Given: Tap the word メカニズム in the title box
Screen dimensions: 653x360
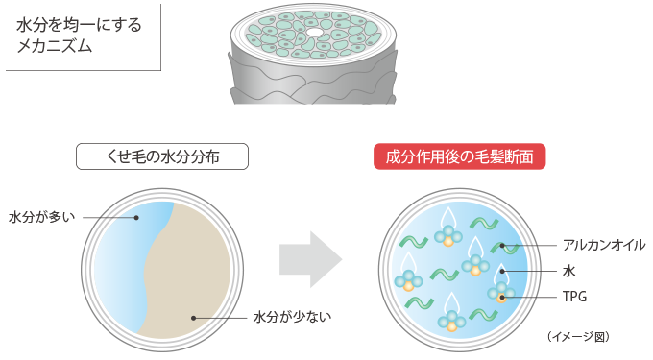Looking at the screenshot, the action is click(55, 46).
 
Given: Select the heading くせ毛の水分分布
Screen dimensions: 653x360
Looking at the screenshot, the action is click(162, 156).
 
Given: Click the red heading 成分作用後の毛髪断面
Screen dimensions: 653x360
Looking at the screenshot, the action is click(459, 156).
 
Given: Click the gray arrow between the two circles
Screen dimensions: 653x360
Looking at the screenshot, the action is click(310, 257).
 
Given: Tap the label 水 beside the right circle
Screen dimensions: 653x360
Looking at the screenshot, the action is click(568, 272).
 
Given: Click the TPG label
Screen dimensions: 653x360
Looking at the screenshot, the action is click(574, 297).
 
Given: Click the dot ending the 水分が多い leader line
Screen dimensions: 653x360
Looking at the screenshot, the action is click(137, 217).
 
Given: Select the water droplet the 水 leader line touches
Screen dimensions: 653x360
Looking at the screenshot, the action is click(499, 272).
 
